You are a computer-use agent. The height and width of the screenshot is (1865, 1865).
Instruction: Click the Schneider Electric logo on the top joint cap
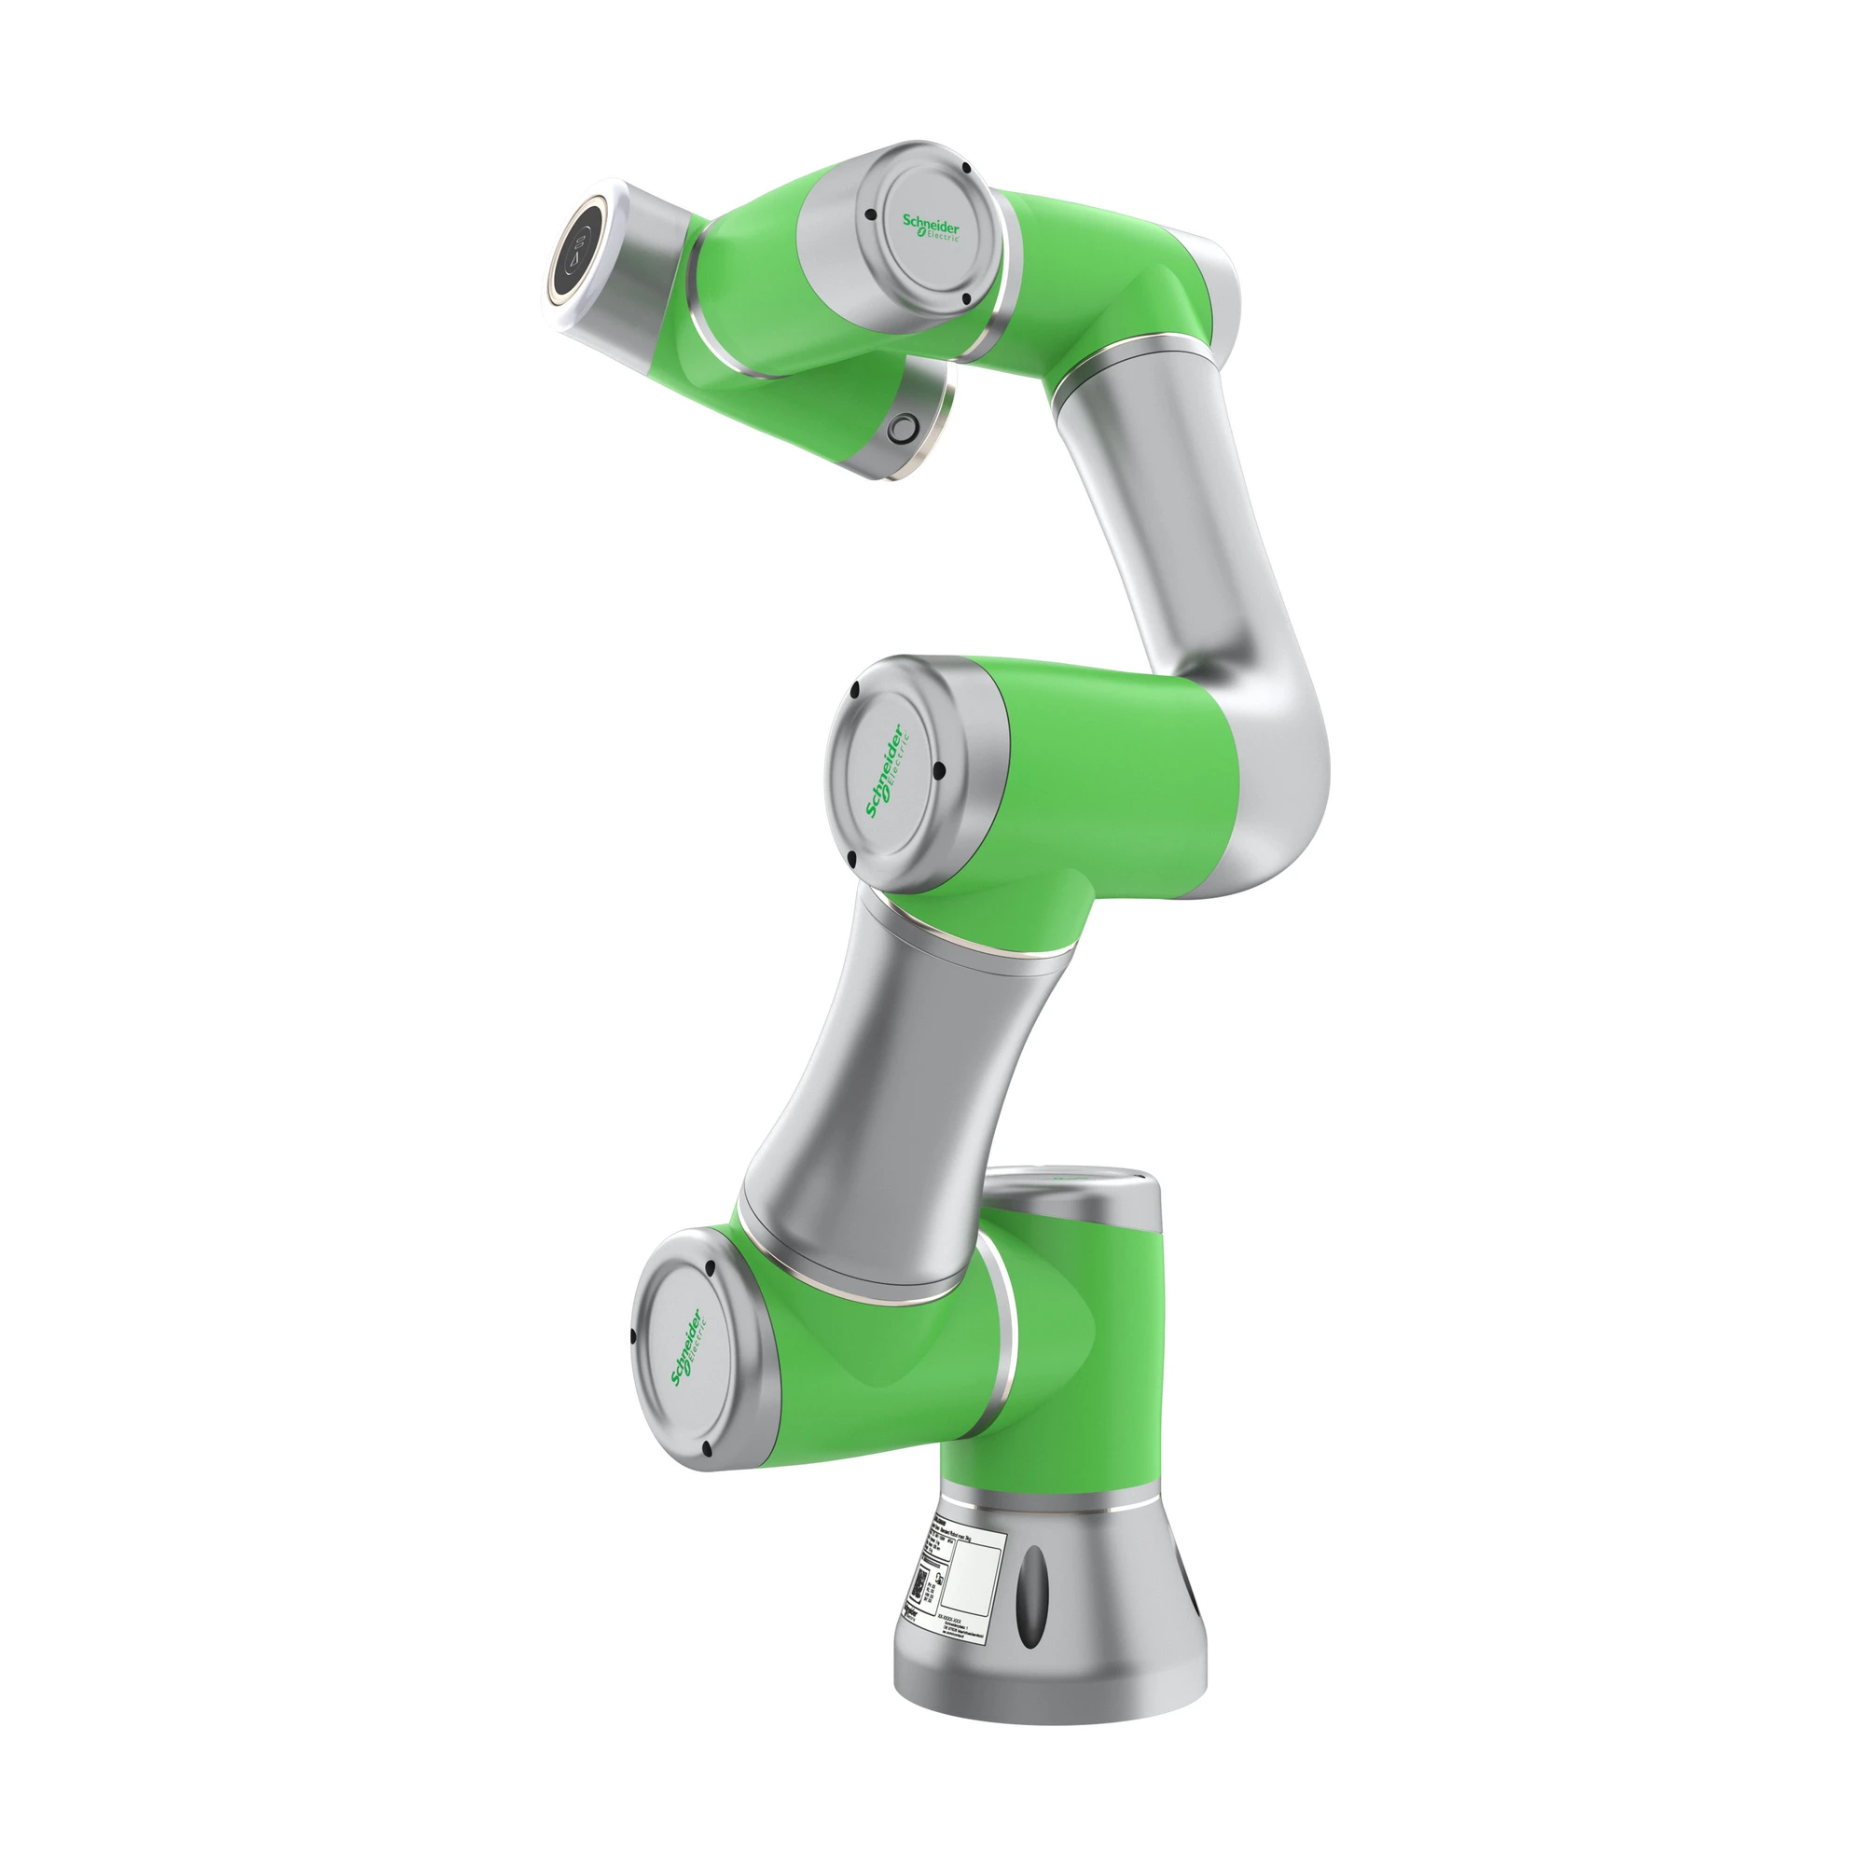931,228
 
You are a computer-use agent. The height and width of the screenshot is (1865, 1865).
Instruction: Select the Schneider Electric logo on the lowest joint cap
687,1350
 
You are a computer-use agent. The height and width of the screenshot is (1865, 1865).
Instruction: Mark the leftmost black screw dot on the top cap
871,215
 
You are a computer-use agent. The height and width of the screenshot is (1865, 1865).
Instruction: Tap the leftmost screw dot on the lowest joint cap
632,1337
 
